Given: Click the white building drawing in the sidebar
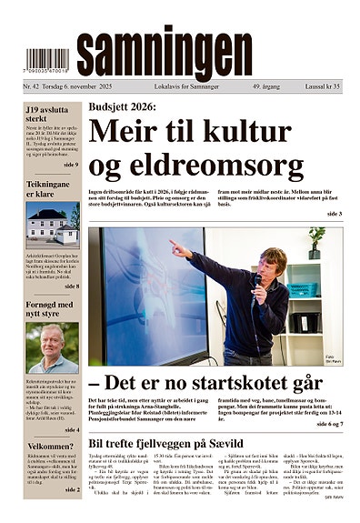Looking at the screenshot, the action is pos(52,226).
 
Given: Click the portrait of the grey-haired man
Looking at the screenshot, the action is pos(52,348).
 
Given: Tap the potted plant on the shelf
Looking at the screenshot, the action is pos(315,240).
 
